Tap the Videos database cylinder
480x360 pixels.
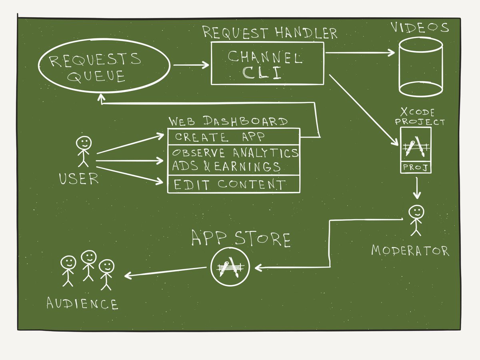[420, 68]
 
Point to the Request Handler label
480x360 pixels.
[269, 33]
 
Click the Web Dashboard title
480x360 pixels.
[228, 121]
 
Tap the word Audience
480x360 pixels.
[82, 304]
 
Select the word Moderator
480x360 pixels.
[410, 251]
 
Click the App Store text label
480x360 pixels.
[240, 239]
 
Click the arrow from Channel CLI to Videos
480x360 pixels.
[359, 52]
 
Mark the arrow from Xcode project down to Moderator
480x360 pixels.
[417, 188]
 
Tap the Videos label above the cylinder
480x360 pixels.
[420, 28]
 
